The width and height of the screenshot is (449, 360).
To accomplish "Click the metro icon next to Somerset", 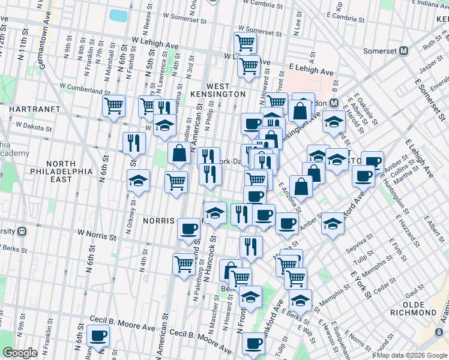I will [404, 52].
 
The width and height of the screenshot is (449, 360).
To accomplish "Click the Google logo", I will [21, 353].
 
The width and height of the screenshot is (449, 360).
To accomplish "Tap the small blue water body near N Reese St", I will [119, 15].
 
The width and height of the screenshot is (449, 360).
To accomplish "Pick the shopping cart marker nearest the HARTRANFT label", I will [113, 106].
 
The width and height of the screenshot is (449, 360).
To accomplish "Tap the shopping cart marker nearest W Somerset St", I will [246, 43].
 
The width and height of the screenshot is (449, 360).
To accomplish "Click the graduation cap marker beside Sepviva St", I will [332, 224].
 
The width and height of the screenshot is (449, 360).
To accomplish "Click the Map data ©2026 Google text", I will [411, 355].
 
